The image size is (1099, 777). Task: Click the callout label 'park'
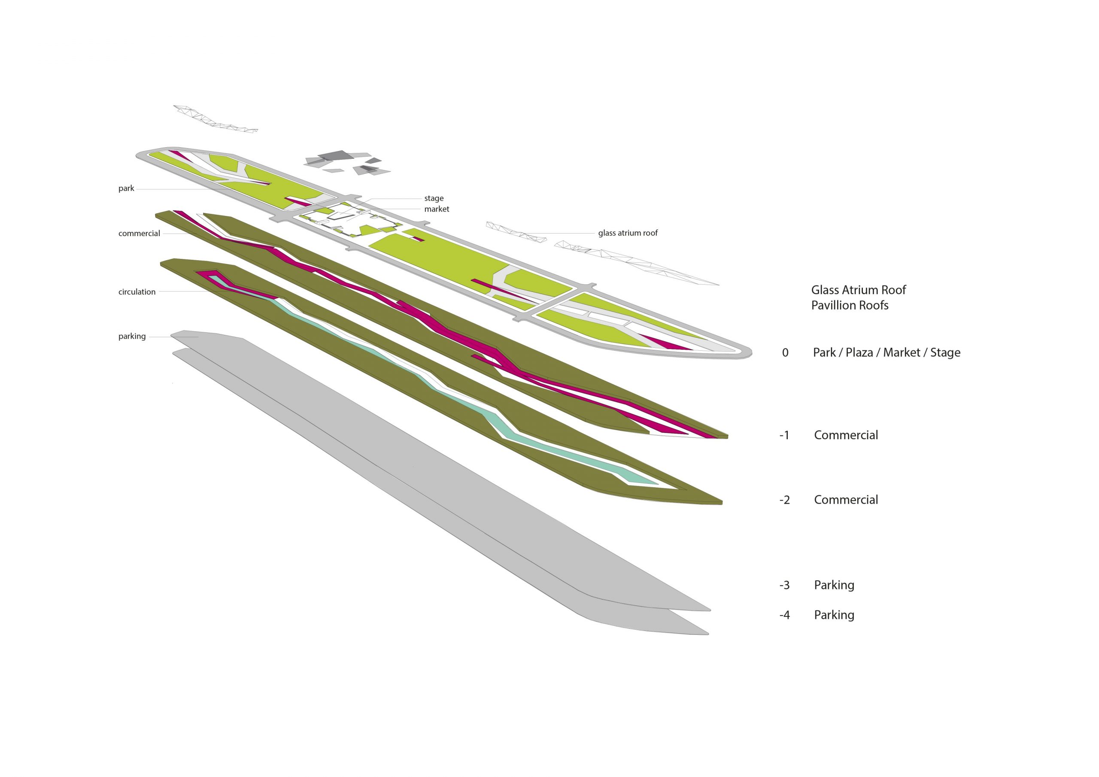coord(126,188)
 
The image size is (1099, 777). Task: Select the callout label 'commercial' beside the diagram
coord(139,234)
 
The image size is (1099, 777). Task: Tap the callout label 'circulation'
coord(137,292)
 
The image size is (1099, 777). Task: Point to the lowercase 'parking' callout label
coord(132,337)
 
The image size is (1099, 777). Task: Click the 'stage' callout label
coord(434,198)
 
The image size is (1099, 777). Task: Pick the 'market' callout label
coord(437,209)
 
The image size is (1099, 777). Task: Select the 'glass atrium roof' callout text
coord(628,233)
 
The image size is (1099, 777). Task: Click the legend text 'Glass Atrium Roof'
coord(858,290)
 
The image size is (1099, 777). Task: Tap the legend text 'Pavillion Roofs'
coord(850,306)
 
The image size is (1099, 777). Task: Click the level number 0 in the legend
coord(785,353)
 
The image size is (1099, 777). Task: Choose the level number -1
coord(784,436)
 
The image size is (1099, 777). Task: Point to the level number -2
coord(784,500)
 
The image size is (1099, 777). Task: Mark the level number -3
coord(784,585)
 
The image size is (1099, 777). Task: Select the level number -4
coord(784,615)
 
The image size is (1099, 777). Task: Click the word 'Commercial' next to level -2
coord(846,500)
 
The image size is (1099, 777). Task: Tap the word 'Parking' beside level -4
coord(834,615)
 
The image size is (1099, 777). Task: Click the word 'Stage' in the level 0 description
coord(945,353)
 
